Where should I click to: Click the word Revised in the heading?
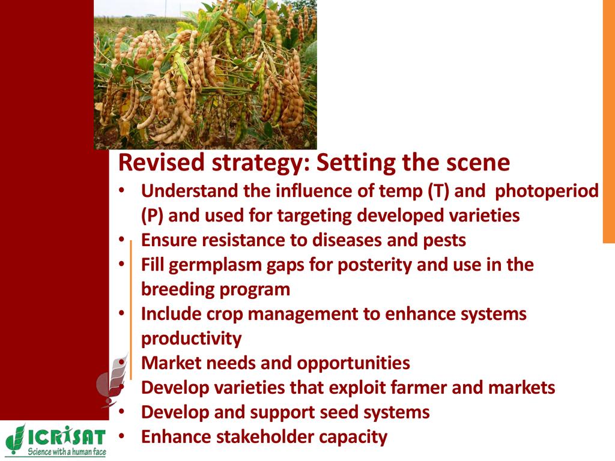pyautogui.click(x=162, y=162)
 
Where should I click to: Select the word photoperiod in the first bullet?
pyautogui.click(x=547, y=191)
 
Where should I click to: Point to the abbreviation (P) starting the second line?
pyautogui.click(x=152, y=215)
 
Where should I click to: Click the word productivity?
pyautogui.click(x=192, y=339)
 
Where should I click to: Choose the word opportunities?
pyautogui.click(x=353, y=363)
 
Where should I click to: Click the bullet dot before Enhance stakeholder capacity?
pyautogui.click(x=121, y=436)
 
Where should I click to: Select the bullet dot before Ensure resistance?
pyautogui.click(x=121, y=239)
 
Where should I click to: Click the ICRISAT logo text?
pyautogui.click(x=67, y=437)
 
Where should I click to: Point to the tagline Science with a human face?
pyautogui.click(x=67, y=451)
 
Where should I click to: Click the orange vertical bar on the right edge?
pyautogui.click(x=609, y=121)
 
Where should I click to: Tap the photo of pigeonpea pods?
pyautogui.click(x=205, y=74)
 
